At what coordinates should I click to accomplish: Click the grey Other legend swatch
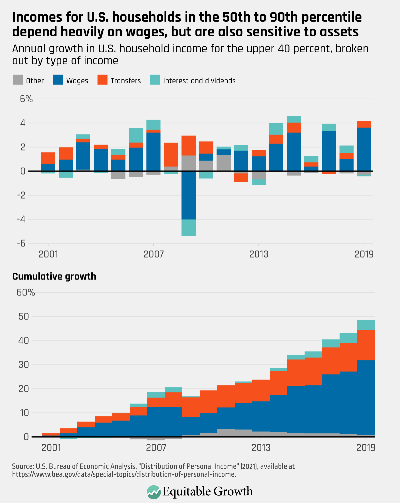(17, 80)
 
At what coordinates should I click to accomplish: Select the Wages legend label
(77, 81)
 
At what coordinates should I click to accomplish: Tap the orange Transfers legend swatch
(102, 80)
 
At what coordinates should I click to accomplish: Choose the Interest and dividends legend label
(199, 81)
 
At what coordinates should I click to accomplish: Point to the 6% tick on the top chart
(26, 99)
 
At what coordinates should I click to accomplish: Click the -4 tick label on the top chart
(21, 219)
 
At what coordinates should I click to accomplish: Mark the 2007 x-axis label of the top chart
(153, 254)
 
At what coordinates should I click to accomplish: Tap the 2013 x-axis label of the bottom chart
(261, 447)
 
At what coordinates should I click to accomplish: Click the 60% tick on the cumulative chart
(26, 292)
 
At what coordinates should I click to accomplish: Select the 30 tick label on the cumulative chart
(23, 365)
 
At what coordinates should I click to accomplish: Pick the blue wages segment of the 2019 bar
(364, 149)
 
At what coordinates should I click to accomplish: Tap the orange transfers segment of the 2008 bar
(171, 155)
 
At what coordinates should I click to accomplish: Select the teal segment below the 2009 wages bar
(189, 228)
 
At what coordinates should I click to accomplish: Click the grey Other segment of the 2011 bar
(224, 163)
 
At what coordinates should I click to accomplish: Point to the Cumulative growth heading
(54, 276)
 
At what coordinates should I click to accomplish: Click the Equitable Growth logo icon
(153, 492)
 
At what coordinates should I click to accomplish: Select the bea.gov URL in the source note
(124, 474)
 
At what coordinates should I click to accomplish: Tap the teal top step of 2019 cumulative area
(366, 324)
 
